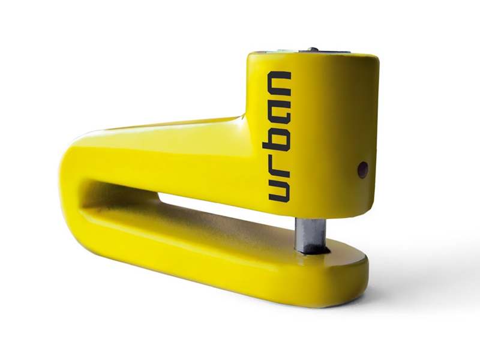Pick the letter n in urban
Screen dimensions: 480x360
coord(279,84)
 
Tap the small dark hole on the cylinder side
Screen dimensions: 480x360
coord(363,170)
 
